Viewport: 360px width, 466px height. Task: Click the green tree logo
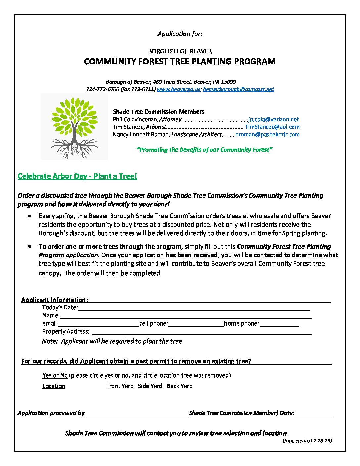coord(74,127)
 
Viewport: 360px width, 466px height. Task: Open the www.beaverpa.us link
coord(178,89)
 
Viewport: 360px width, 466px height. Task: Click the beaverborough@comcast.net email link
coord(238,89)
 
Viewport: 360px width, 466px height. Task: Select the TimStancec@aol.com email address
coord(272,127)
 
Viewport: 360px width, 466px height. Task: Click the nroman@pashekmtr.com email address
coord(267,134)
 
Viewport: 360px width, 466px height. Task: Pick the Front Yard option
coord(120,386)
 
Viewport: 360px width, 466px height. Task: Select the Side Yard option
coord(150,386)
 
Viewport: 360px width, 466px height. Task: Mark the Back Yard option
coord(179,386)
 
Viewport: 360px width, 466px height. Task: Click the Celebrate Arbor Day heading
coord(77,176)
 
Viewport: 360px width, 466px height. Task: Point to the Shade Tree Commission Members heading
coord(159,112)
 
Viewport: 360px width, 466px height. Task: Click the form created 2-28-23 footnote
coord(307,441)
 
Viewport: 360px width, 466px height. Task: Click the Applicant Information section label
coord(55,300)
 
